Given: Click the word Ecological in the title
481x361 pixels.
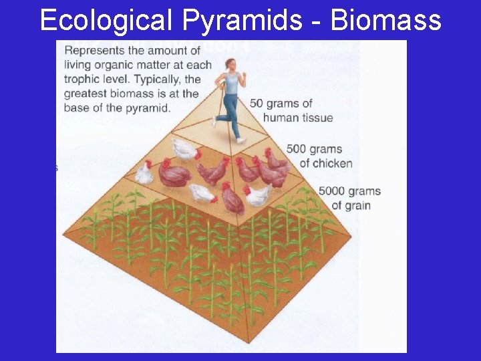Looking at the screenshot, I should pyautogui.click(x=105, y=20).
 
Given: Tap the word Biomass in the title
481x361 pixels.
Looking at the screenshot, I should pyautogui.click(x=385, y=20).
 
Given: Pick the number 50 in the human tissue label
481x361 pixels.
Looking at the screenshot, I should pyautogui.click(x=257, y=104).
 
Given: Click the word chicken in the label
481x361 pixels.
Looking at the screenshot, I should pyautogui.click(x=332, y=164).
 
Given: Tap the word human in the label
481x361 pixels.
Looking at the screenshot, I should pyautogui.click(x=281, y=118).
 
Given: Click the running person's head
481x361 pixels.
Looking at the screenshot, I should pyautogui.click(x=231, y=65).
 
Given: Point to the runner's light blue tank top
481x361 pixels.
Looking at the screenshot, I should pyautogui.click(x=231, y=83).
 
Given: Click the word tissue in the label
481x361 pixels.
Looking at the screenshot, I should pyautogui.click(x=316, y=118).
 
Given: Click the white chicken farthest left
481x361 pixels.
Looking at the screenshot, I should pyautogui.click(x=143, y=174).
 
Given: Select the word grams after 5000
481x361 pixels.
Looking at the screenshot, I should pyautogui.click(x=365, y=191).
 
